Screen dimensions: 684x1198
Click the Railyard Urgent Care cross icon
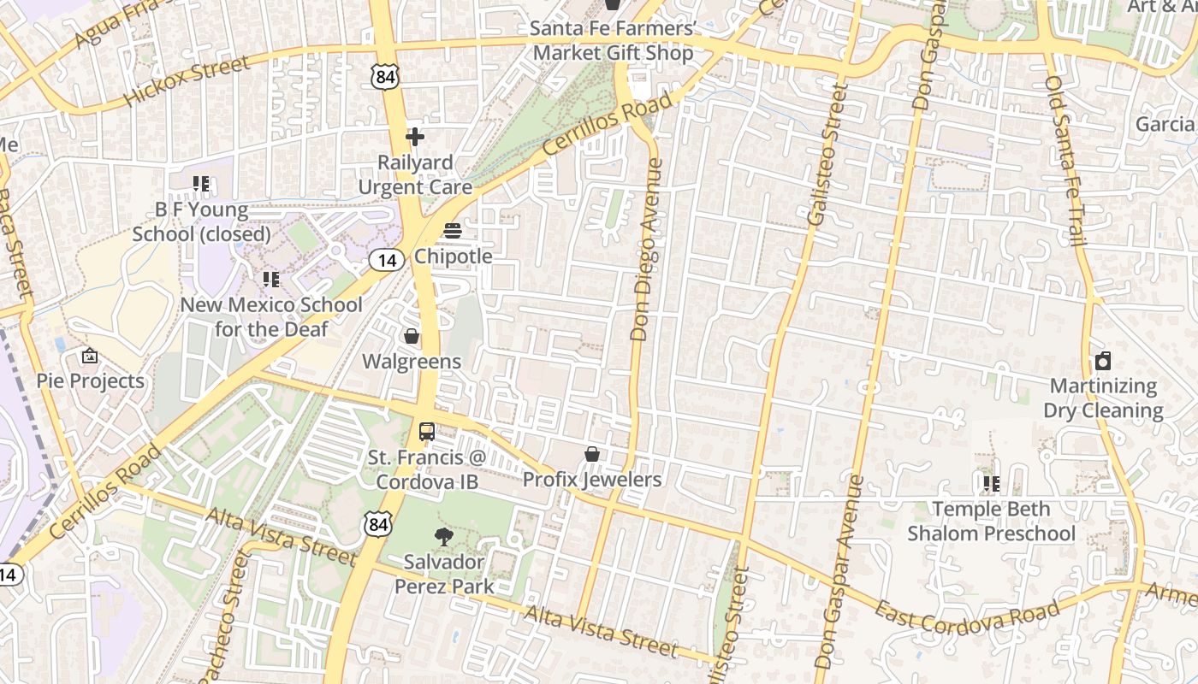click(x=415, y=137)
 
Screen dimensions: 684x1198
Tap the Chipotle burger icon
click(x=453, y=231)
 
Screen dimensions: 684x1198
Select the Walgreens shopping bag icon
click(x=412, y=336)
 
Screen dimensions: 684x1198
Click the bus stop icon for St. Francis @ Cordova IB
click(x=427, y=432)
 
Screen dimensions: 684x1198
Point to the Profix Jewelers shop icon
click(x=591, y=454)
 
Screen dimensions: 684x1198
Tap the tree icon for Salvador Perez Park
click(x=443, y=537)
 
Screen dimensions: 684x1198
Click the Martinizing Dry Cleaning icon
click(x=1103, y=361)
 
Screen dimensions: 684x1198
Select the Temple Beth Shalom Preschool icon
click(x=991, y=484)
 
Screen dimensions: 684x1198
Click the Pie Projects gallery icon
click(x=90, y=356)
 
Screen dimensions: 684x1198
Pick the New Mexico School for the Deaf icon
click(x=271, y=280)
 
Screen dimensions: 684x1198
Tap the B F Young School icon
click(x=201, y=184)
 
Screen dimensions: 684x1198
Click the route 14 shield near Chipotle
click(x=387, y=260)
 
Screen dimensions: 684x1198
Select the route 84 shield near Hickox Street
click(x=385, y=78)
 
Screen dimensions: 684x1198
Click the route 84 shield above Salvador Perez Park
click(x=377, y=524)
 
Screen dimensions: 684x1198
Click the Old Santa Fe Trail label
click(x=1066, y=161)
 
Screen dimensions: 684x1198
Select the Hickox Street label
click(x=187, y=81)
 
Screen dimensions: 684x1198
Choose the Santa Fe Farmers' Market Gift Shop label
click(x=612, y=40)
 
